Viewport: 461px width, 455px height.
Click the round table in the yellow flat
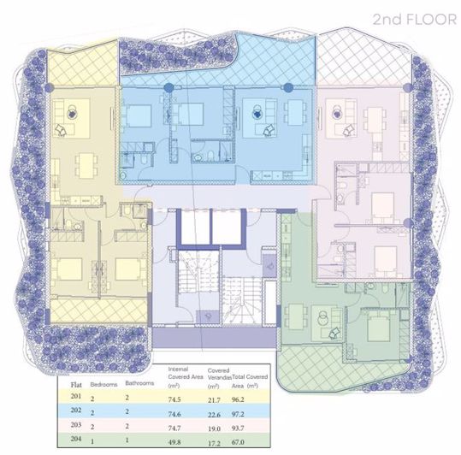coord(74,109)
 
